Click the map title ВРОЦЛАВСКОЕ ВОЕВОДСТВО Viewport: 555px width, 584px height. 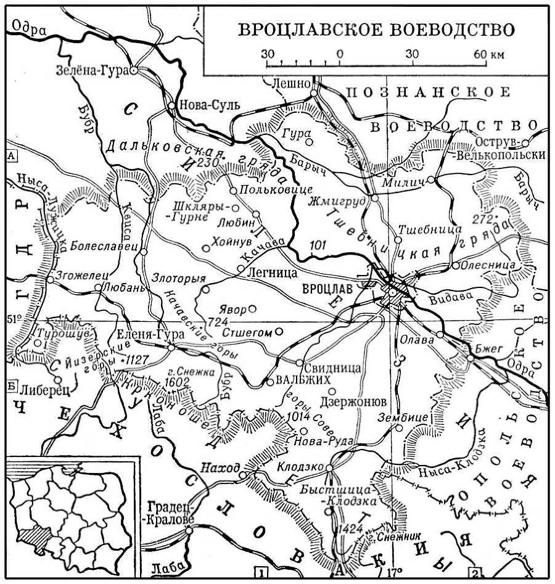(x=376, y=30)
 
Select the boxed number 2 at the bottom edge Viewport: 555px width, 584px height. (x=474, y=571)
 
